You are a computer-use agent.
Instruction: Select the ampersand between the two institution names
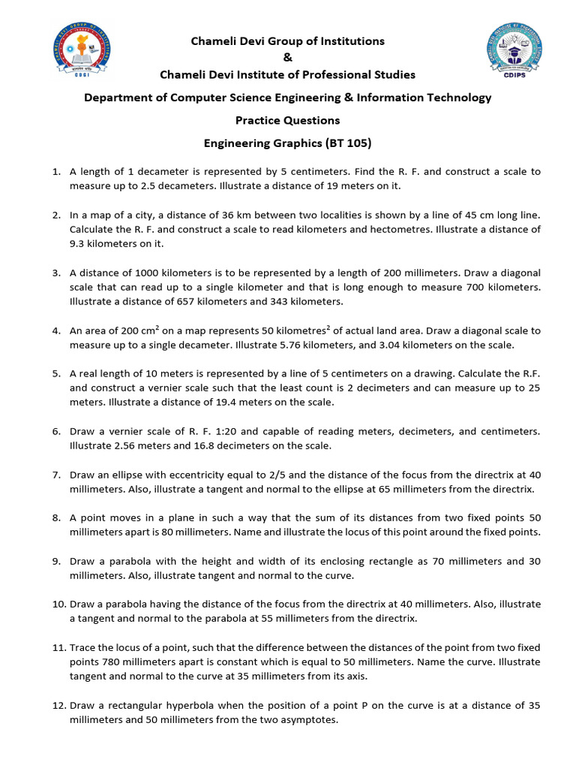click(288, 58)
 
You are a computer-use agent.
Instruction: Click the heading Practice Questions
click(288, 120)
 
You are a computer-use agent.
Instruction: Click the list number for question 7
click(57, 475)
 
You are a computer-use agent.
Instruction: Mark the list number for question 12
click(59, 706)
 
